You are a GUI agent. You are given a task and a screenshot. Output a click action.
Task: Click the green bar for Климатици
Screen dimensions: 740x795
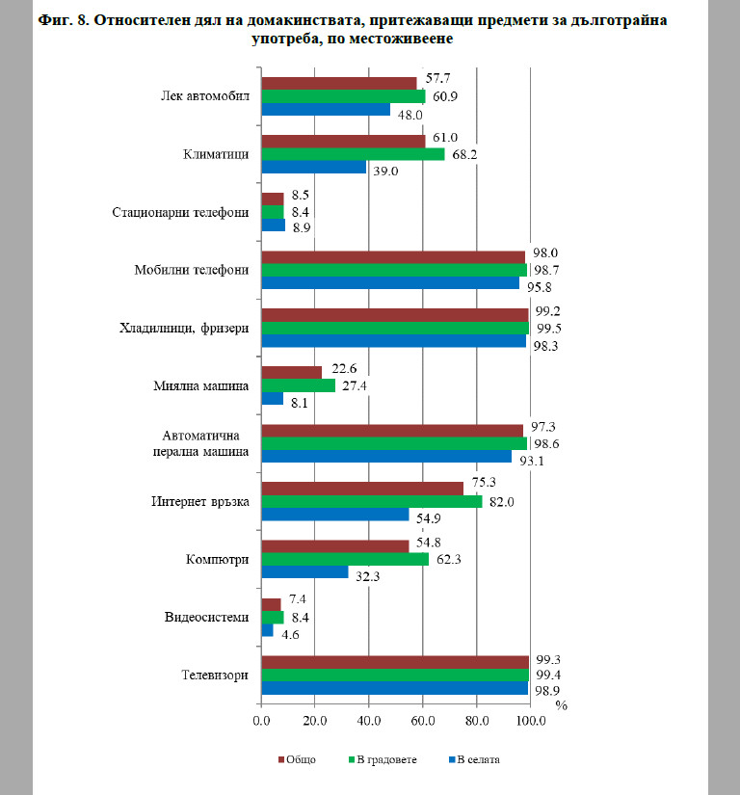[x=354, y=154]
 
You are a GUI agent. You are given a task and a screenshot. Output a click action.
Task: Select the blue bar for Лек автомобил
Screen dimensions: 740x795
[x=326, y=110]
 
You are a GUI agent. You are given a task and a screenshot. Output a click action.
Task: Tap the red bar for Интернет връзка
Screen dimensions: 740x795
[x=362, y=489]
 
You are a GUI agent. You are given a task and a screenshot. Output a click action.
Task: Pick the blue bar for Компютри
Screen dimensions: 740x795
[x=305, y=571]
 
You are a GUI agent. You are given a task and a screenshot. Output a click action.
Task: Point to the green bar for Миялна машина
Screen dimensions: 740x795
[x=299, y=385]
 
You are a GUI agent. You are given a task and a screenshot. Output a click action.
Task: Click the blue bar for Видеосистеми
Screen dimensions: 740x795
[x=268, y=630]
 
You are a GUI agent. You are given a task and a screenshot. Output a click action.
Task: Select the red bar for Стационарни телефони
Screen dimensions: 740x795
[x=273, y=199]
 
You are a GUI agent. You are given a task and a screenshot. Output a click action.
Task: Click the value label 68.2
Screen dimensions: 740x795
[x=464, y=154]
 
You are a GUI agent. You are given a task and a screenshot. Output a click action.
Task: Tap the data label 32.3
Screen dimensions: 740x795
[x=367, y=576]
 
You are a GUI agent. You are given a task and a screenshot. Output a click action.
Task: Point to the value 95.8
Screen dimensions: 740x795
[x=540, y=287]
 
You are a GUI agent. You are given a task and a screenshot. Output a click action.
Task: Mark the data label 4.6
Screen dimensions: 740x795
[x=290, y=635]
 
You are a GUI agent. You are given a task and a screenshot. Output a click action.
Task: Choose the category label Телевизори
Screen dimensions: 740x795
[x=215, y=675]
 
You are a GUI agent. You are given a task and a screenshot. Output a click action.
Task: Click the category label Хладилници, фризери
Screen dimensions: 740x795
[x=184, y=328]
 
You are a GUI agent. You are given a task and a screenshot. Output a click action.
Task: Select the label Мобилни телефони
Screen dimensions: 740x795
[x=192, y=270]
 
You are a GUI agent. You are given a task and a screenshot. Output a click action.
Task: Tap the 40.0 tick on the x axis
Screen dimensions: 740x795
[x=369, y=721]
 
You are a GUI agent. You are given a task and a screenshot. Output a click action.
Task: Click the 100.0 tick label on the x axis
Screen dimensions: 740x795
[x=531, y=721]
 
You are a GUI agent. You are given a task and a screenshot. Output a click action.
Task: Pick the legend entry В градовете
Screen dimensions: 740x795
[x=383, y=759]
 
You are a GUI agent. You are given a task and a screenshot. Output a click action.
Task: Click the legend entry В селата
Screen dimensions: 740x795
[x=474, y=759]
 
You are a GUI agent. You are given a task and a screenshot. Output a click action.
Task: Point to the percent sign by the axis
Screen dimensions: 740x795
[x=561, y=705]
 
